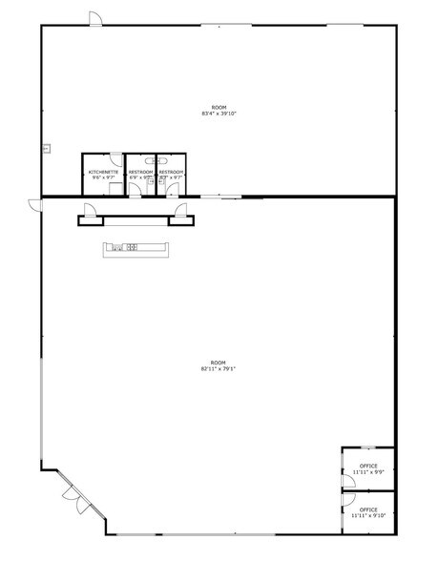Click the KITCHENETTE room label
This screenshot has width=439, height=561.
[x=103, y=172]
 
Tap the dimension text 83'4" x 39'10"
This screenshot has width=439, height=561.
[x=219, y=114]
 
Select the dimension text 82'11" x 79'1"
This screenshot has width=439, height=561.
[x=219, y=369]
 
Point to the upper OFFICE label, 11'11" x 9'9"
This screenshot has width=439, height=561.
[x=368, y=468]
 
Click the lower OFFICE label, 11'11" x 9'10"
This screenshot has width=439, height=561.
[x=368, y=512]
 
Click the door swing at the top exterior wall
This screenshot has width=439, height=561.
[x=94, y=19]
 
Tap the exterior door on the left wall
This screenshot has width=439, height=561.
[x=34, y=204]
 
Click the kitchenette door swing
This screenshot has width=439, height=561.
[x=115, y=159]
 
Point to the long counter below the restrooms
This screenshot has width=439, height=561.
[x=136, y=249]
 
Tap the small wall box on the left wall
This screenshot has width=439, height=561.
[x=45, y=148]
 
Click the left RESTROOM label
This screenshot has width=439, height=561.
[x=140, y=172]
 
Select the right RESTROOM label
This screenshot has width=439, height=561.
[x=172, y=172]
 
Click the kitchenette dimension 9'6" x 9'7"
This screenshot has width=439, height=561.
[x=103, y=177]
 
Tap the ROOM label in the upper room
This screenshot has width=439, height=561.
[x=219, y=107]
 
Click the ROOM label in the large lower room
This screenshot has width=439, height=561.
[x=219, y=363]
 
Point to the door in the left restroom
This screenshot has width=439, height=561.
[x=136, y=189]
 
